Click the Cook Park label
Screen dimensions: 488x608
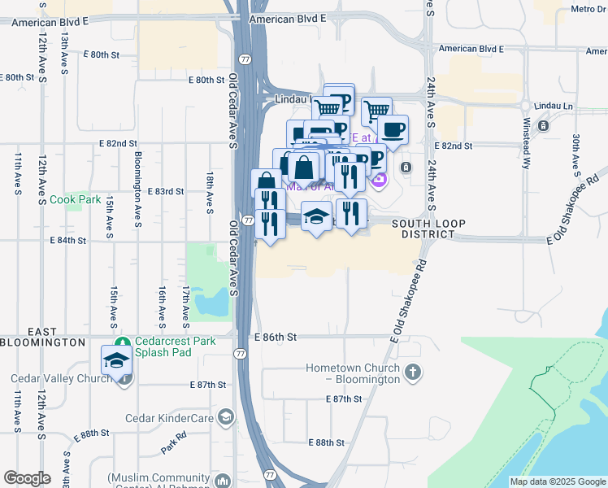coord(75,199)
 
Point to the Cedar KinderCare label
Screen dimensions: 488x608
coord(169,419)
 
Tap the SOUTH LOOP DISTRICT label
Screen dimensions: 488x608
coord(423,229)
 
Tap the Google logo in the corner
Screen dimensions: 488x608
coord(27,478)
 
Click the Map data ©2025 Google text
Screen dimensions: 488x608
coord(558,481)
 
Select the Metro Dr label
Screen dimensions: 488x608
coord(589,9)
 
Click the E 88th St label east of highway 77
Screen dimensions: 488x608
coord(327,442)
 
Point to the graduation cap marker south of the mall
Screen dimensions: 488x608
coord(316,216)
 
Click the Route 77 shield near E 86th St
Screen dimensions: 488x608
coord(241,354)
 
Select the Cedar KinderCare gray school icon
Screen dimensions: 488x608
coord(225,419)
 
